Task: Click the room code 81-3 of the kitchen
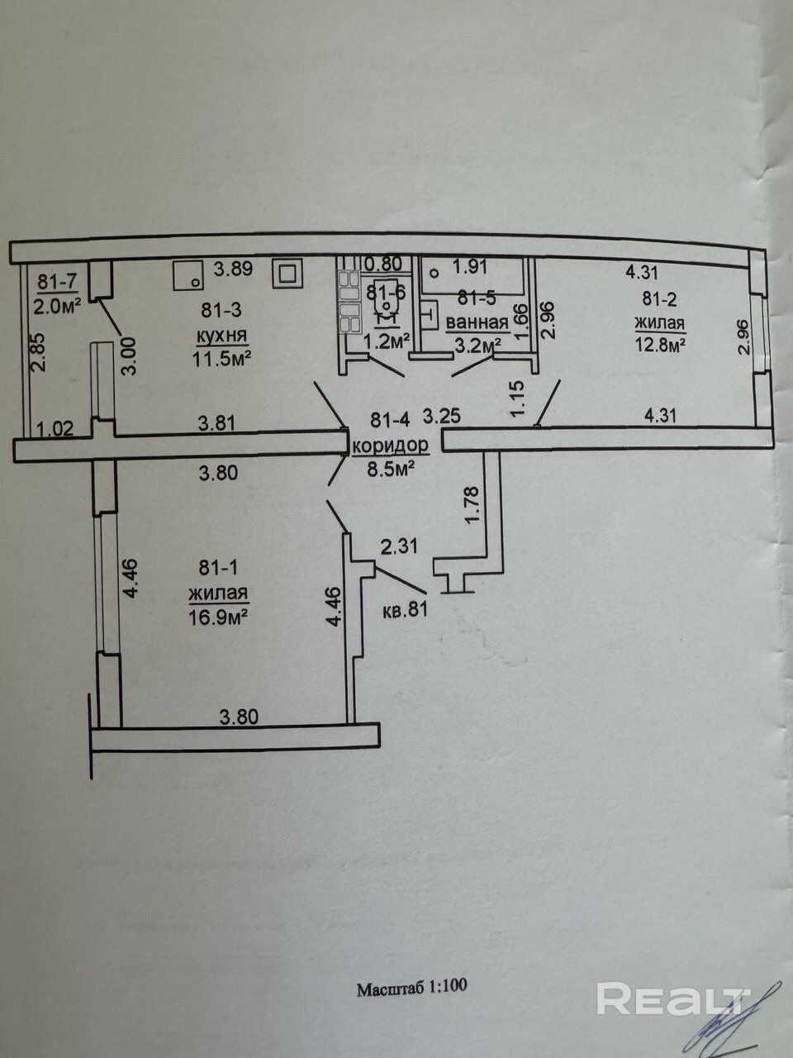221,311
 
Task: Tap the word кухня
221,336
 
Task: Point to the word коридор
391,446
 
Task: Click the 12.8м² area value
660,346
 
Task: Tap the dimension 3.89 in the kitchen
233,269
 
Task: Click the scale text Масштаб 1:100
412,987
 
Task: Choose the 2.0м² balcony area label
57,306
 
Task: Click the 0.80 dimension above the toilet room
383,264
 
